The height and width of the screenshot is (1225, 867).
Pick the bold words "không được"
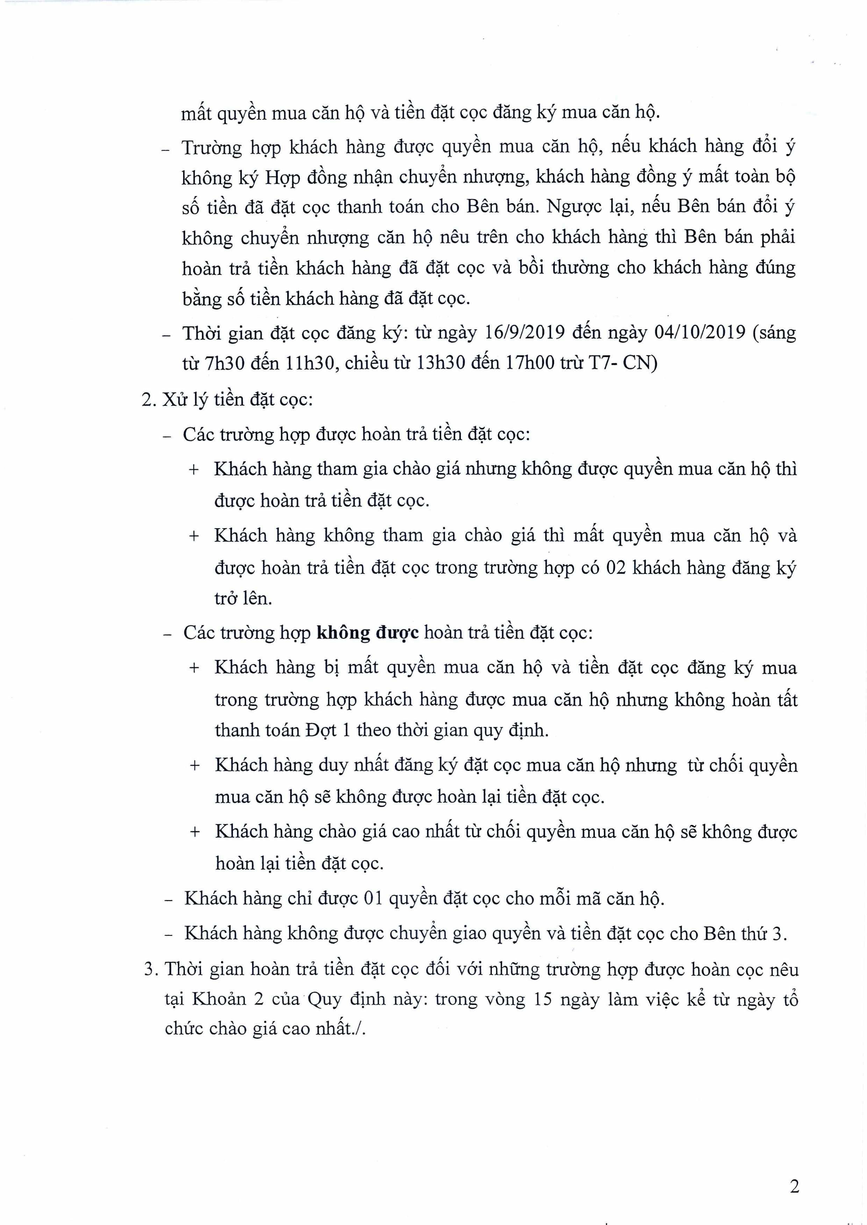click(368, 633)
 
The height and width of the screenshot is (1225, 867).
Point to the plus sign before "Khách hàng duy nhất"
click(195, 766)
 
